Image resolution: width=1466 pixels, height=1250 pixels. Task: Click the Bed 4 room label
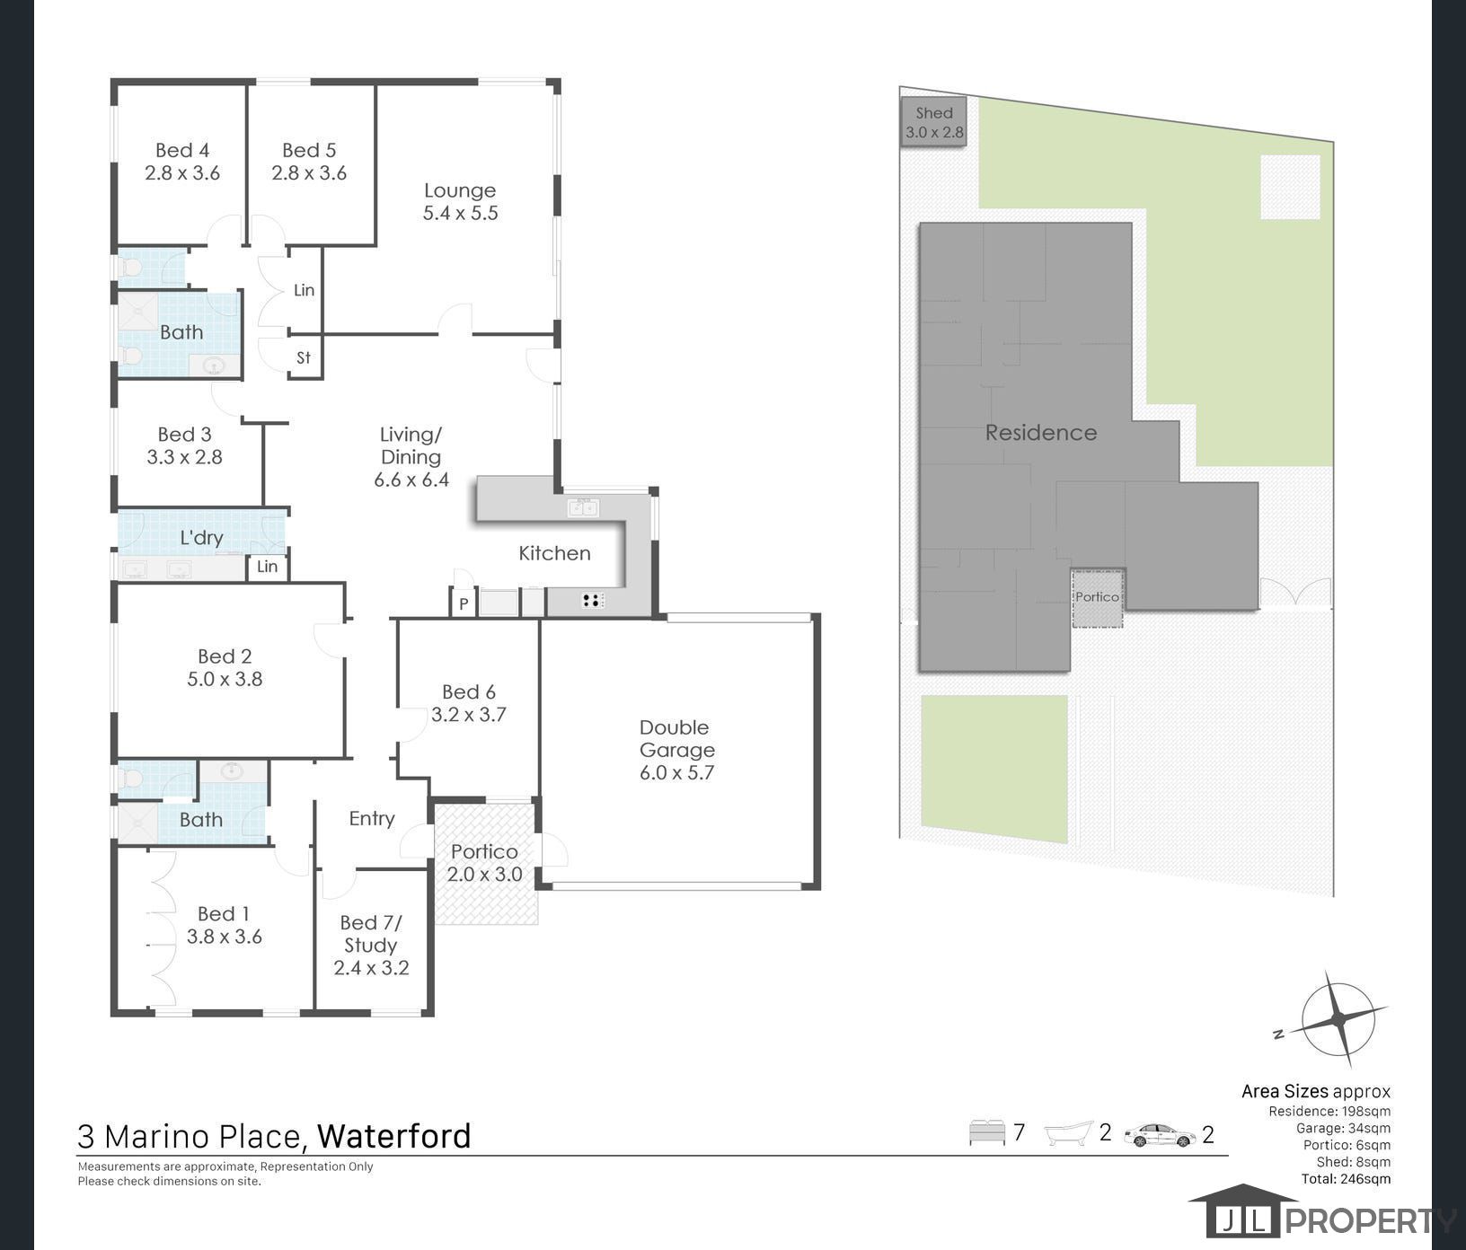pyautogui.click(x=182, y=162)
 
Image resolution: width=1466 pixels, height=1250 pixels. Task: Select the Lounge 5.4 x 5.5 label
pyautogui.click(x=460, y=202)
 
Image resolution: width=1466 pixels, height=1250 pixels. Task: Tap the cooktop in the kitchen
pyautogui.click(x=591, y=601)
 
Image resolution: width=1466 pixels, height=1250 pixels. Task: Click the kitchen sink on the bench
pyautogui.click(x=583, y=508)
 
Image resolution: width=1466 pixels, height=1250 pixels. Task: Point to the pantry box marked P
pyautogui.click(x=463, y=603)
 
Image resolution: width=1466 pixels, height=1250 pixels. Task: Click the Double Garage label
pyautogui.click(x=676, y=750)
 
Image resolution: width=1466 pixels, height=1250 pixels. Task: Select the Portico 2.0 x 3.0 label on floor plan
pyautogui.click(x=484, y=862)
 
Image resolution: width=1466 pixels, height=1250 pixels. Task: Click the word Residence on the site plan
pyautogui.click(x=1041, y=433)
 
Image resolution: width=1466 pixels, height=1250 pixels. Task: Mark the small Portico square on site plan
pyautogui.click(x=1098, y=597)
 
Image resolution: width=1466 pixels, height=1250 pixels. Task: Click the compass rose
pyautogui.click(x=1338, y=1018)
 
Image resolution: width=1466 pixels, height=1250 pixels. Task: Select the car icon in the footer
pyautogui.click(x=1160, y=1135)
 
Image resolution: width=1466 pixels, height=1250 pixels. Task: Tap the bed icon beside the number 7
pyautogui.click(x=986, y=1132)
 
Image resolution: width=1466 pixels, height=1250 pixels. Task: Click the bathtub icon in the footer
pyautogui.click(x=1069, y=1133)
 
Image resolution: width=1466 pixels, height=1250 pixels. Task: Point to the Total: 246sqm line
pyautogui.click(x=1345, y=1179)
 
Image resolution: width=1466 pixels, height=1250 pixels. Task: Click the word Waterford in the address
pyautogui.click(x=393, y=1136)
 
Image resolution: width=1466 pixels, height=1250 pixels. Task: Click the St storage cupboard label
pyautogui.click(x=304, y=357)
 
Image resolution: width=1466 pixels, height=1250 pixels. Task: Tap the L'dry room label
pyautogui.click(x=201, y=538)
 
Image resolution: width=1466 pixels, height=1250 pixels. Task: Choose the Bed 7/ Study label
pyautogui.click(x=371, y=945)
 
